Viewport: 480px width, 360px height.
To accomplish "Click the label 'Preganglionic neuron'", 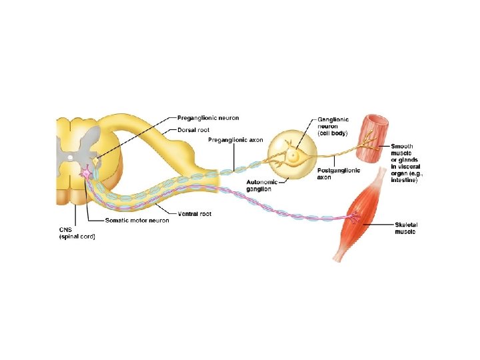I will tap(207, 119).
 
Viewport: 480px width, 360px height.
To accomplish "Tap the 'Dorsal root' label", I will tap(195, 129).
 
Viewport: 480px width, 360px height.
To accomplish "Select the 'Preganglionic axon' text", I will tap(235, 140).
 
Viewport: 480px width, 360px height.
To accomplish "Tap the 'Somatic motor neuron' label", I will tap(137, 221).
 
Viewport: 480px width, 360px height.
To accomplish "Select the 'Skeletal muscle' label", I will tap(405, 228).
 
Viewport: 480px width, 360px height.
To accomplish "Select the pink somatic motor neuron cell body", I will tap(87, 173).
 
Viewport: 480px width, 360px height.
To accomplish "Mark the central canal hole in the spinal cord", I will tap(71, 157).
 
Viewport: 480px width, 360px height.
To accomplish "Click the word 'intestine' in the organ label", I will tap(404, 180).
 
